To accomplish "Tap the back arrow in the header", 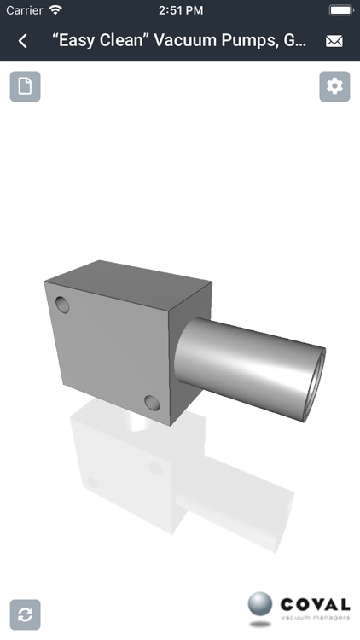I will click(23, 41).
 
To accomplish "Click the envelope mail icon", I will click(334, 41).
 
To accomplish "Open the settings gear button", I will click(334, 86).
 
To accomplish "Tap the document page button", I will click(26, 86).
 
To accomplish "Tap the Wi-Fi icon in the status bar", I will click(55, 10).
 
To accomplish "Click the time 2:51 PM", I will click(180, 10).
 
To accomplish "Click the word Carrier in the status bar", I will click(24, 10).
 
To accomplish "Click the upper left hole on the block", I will click(62, 304).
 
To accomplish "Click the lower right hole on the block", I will click(153, 403).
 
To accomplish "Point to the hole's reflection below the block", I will click(154, 468).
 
